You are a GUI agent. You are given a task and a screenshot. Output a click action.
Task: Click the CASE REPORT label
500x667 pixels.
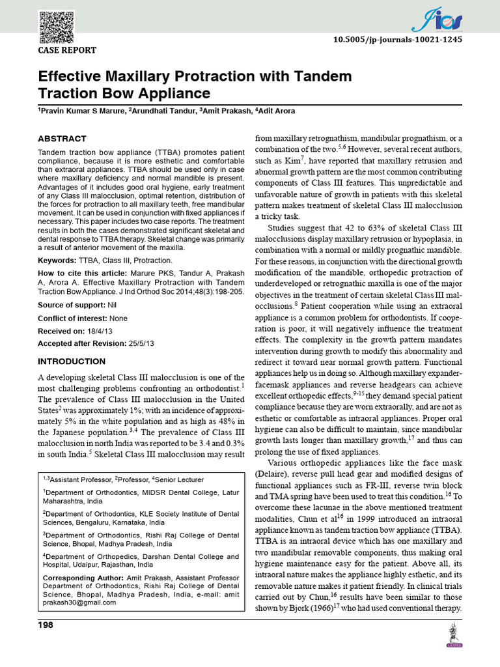click(x=67, y=50)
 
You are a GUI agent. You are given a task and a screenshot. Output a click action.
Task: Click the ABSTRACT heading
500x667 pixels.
click(x=62, y=139)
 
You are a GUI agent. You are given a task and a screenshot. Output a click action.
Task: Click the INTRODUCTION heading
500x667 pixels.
click(x=71, y=361)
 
